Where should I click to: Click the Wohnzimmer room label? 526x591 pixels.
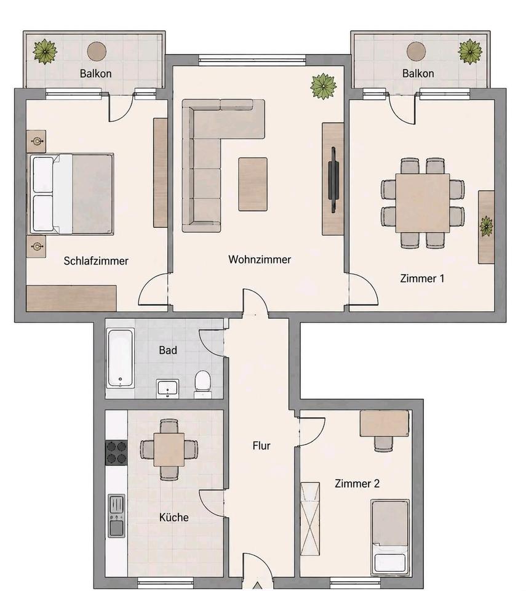coord(260,259)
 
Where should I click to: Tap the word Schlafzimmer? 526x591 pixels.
coord(96,261)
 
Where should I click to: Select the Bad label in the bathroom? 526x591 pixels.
coord(168,350)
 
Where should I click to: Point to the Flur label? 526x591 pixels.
coord(261,446)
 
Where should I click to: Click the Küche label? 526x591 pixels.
coord(173,517)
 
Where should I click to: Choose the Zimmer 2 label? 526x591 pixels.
coord(357,483)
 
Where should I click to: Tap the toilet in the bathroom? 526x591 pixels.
coord(203,384)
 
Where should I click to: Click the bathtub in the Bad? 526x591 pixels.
coord(120,358)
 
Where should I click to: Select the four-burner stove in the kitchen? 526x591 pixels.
coord(116,452)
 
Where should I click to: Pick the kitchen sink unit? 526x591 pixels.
coord(116,516)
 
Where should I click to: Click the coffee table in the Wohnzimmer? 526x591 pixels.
coord(253,184)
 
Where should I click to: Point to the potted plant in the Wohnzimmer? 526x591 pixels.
coord(323,87)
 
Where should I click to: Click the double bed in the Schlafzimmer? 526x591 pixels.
coord(71,194)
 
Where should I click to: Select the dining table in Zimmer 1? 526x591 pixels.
coord(423,203)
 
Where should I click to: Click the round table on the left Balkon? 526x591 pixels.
coord(97,51)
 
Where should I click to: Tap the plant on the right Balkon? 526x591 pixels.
coord(470,51)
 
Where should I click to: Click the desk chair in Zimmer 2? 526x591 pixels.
coord(383,444)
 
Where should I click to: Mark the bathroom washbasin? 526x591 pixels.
coord(168,388)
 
